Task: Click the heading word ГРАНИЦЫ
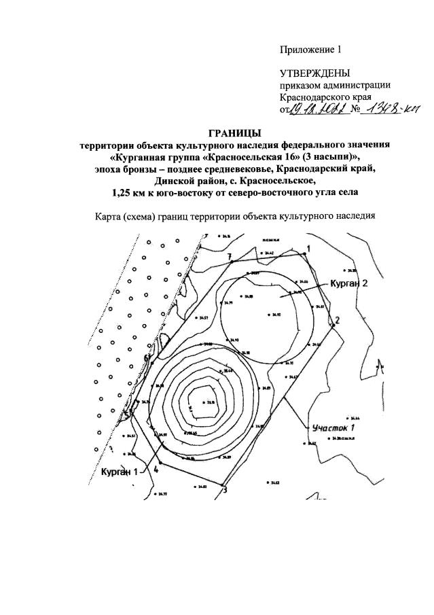pos(232,132)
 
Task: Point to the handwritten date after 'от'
pos(317,110)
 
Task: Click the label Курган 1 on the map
pos(120,471)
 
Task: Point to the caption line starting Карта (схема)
pos(234,218)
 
